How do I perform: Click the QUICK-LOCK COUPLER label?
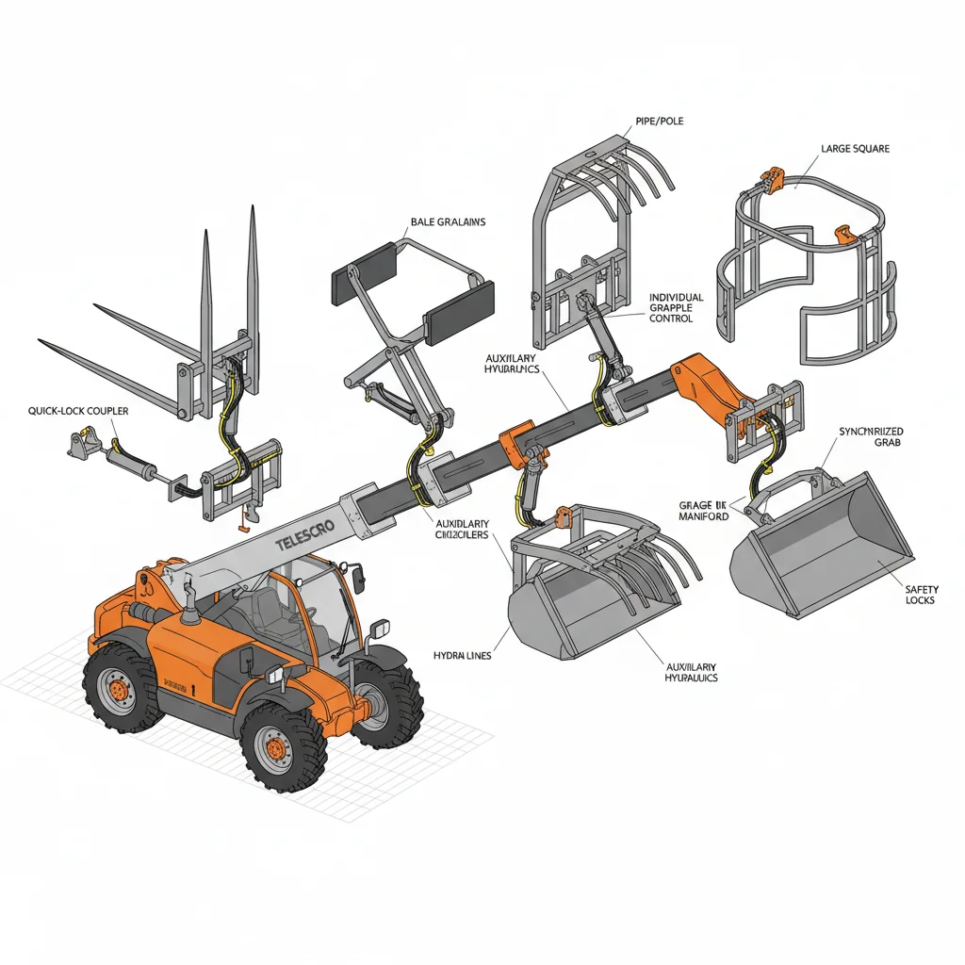[x=78, y=411]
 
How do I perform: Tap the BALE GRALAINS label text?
[x=448, y=222]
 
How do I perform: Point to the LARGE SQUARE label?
[x=855, y=149]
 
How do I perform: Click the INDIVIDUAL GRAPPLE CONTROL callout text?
[x=676, y=308]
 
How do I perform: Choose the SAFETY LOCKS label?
[x=921, y=595]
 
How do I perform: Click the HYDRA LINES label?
[x=462, y=655]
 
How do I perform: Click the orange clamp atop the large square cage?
[x=772, y=179]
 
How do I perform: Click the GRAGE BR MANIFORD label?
[x=703, y=511]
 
